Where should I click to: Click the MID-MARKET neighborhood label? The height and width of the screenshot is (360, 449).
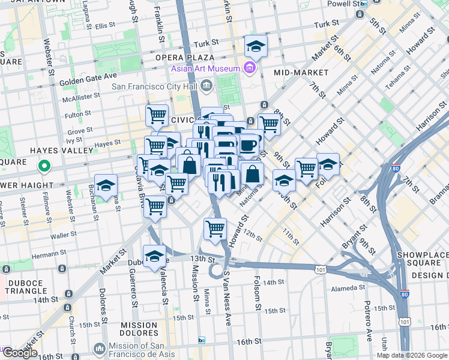tap(301, 73)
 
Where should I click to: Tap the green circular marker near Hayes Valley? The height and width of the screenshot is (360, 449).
tap(43, 165)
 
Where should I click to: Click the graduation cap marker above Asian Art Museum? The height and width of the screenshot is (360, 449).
tap(256, 46)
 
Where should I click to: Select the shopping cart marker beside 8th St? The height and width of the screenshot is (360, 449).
tap(270, 124)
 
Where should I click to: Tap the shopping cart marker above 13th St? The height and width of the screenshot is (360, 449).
tap(215, 228)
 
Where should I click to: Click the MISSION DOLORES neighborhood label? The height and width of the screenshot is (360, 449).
tap(139, 329)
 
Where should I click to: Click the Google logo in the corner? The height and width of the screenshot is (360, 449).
tap(19, 353)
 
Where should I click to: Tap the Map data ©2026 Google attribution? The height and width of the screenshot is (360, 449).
tap(412, 355)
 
